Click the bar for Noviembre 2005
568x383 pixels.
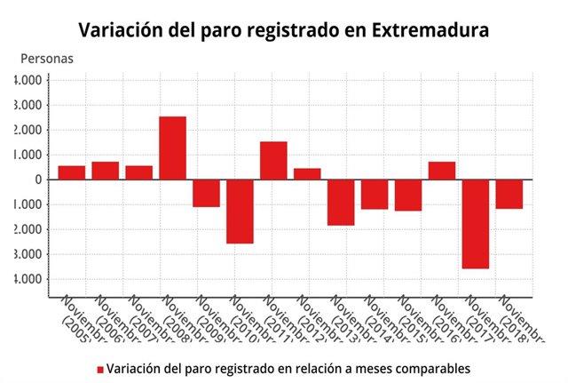pos(72,172)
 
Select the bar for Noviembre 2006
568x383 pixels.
pos(106,171)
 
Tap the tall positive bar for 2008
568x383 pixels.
pos(172,148)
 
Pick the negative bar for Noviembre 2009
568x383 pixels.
pos(206,193)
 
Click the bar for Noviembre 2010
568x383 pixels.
pos(240,211)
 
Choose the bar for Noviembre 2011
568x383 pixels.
pos(273,160)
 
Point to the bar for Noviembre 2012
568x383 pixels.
pos(307,173)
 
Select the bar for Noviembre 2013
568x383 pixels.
pos(341,202)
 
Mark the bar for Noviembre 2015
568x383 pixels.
pos(408,195)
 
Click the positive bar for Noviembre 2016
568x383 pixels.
pos(442,171)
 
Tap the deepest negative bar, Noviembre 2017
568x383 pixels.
pos(476,223)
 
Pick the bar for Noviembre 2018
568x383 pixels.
pos(509,194)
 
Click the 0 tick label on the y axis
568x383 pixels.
pos(38,180)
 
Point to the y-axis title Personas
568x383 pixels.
pos(47,59)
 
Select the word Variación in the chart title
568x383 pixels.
pos(118,29)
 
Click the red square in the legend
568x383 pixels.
pos(100,369)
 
